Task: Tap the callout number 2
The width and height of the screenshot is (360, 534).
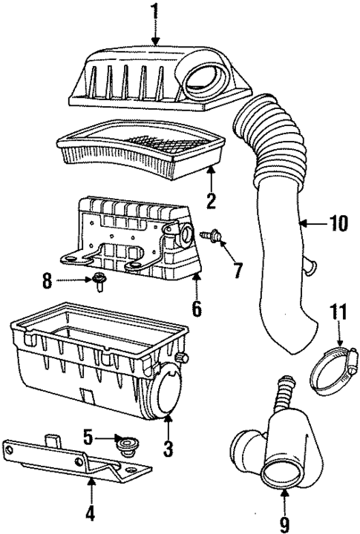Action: (x=210, y=200)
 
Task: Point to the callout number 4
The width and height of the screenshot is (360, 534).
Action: (x=91, y=512)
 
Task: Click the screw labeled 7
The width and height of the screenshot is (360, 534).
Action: (x=209, y=235)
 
